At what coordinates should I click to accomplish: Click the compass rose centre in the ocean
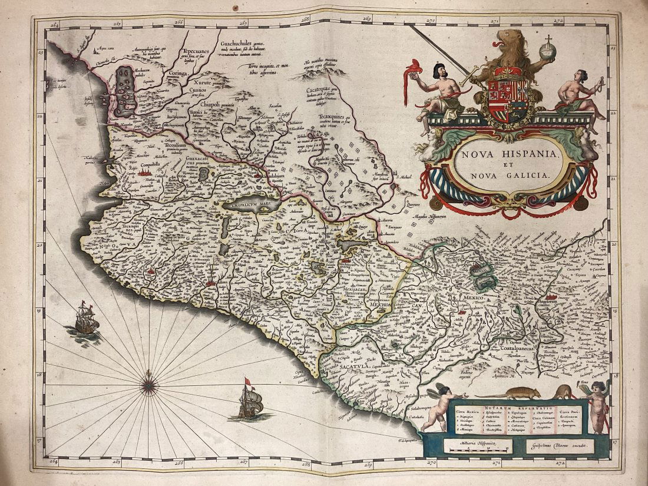click(148, 385)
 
